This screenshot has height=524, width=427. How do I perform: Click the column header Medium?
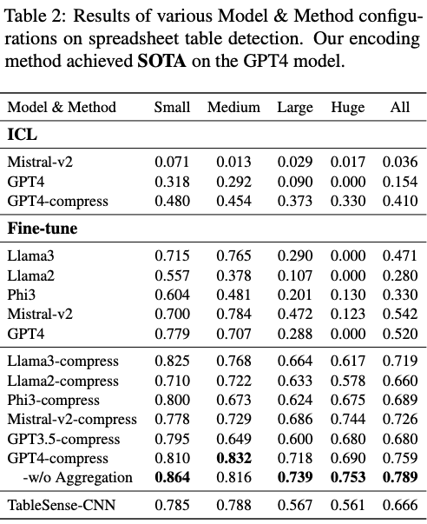coord(233,107)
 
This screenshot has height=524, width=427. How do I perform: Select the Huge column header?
coord(347,107)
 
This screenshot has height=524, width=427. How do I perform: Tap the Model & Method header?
coord(62,107)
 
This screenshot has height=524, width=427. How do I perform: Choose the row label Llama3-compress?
coord(62,360)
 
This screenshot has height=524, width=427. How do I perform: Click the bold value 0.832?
coord(233,458)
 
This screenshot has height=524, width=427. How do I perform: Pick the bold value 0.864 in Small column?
coord(172,477)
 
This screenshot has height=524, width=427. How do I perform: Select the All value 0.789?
coord(400,477)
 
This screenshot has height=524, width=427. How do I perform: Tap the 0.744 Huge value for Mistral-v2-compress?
coord(347,419)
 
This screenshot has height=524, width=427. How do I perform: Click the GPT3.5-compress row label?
coord(59,438)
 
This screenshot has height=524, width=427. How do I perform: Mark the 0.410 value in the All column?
coord(400,201)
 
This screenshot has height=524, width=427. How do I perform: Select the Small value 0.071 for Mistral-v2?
coord(172,162)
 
